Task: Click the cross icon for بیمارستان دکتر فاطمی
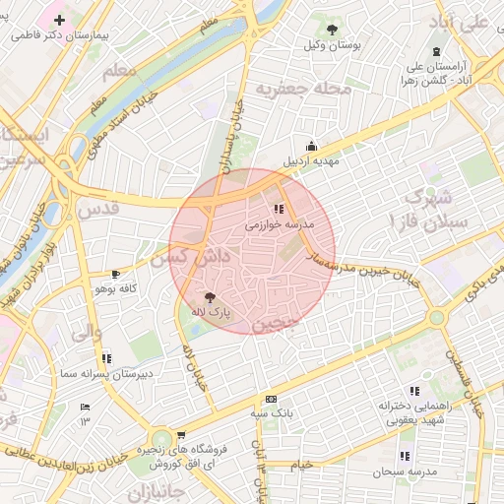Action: click(x=61, y=20)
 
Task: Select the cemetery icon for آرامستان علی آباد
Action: click(x=437, y=51)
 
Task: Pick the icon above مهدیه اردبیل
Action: click(x=312, y=146)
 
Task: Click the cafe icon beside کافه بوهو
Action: click(x=117, y=274)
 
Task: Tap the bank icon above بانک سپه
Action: click(x=271, y=399)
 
